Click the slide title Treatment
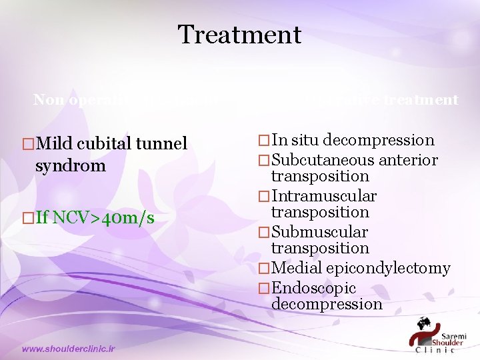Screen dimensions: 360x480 click(239, 34)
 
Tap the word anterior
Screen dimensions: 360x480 click(408, 160)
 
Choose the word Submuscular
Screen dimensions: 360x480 click(320, 232)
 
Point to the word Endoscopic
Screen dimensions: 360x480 click(314, 288)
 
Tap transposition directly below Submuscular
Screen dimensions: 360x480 click(320, 248)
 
